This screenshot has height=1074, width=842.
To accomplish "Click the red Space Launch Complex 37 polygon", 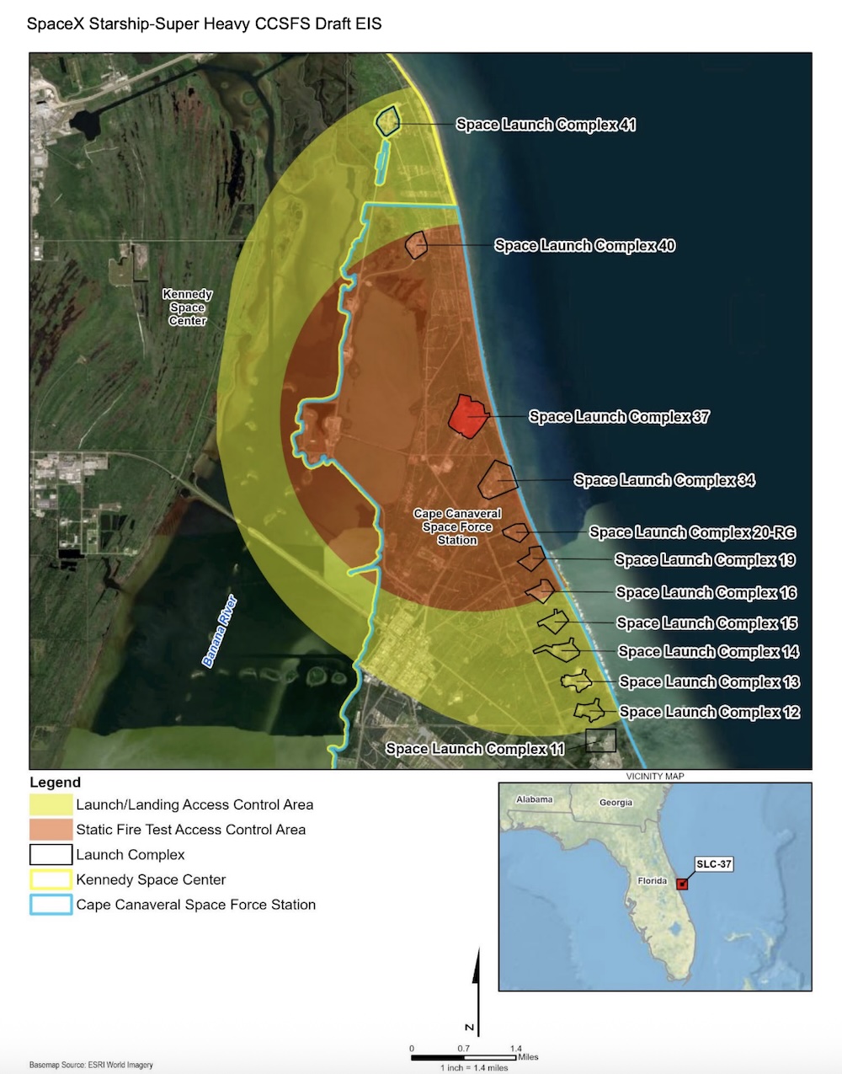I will [x=467, y=414].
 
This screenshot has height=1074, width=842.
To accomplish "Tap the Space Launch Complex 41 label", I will [x=546, y=125].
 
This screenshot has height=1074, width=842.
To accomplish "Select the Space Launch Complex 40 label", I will [x=584, y=246].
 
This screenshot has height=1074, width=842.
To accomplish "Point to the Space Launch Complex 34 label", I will [x=663, y=480].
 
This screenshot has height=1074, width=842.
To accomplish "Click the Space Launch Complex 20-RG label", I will [x=692, y=532].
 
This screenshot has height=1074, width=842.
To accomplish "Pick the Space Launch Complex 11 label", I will [x=474, y=749].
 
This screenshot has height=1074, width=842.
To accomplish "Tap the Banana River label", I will [x=220, y=632].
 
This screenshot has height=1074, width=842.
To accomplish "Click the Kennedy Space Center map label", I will [x=187, y=307].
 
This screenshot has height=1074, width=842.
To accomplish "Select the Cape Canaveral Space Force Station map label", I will [x=457, y=526].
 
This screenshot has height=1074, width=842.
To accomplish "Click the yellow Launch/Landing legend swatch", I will [x=51, y=804].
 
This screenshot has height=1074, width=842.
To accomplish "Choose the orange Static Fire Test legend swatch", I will [x=51, y=830].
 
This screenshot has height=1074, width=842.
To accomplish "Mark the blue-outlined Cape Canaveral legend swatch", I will [x=51, y=905].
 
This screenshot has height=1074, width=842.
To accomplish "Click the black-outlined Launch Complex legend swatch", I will [x=51, y=855].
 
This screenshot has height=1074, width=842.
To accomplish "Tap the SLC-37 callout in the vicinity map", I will [x=713, y=864].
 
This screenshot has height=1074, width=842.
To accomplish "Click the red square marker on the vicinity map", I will [x=682, y=884].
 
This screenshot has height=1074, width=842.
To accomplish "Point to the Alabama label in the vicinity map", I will [x=535, y=799].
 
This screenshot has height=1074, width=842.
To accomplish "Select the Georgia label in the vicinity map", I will [x=616, y=803].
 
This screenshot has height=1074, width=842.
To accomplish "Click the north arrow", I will [x=477, y=986].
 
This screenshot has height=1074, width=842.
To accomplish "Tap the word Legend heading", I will [x=55, y=783].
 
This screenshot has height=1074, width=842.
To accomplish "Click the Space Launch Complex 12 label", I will [x=709, y=713].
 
